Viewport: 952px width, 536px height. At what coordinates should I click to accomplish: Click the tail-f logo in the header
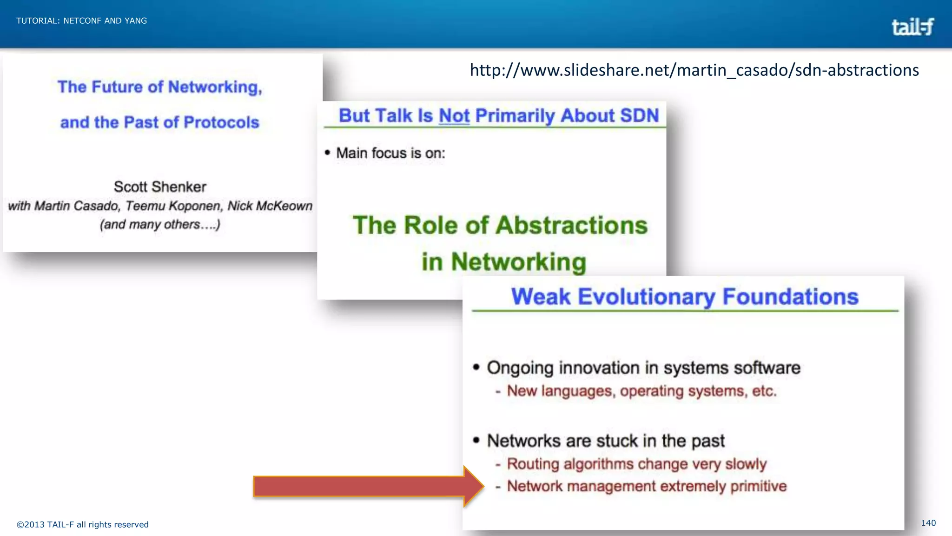[912, 27]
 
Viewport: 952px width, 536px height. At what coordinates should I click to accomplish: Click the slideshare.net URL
[694, 70]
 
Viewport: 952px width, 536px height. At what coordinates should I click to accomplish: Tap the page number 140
[928, 523]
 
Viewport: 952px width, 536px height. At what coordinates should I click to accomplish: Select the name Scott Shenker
[160, 187]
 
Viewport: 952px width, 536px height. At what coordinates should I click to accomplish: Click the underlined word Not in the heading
[454, 116]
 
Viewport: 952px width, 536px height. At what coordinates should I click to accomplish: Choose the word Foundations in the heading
[790, 297]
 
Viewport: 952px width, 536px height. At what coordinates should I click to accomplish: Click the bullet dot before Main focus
[328, 153]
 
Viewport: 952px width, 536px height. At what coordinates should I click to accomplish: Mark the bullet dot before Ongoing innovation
[476, 367]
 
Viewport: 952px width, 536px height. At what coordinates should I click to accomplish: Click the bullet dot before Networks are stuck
[476, 440]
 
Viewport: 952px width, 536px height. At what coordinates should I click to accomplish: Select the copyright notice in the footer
[83, 524]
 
